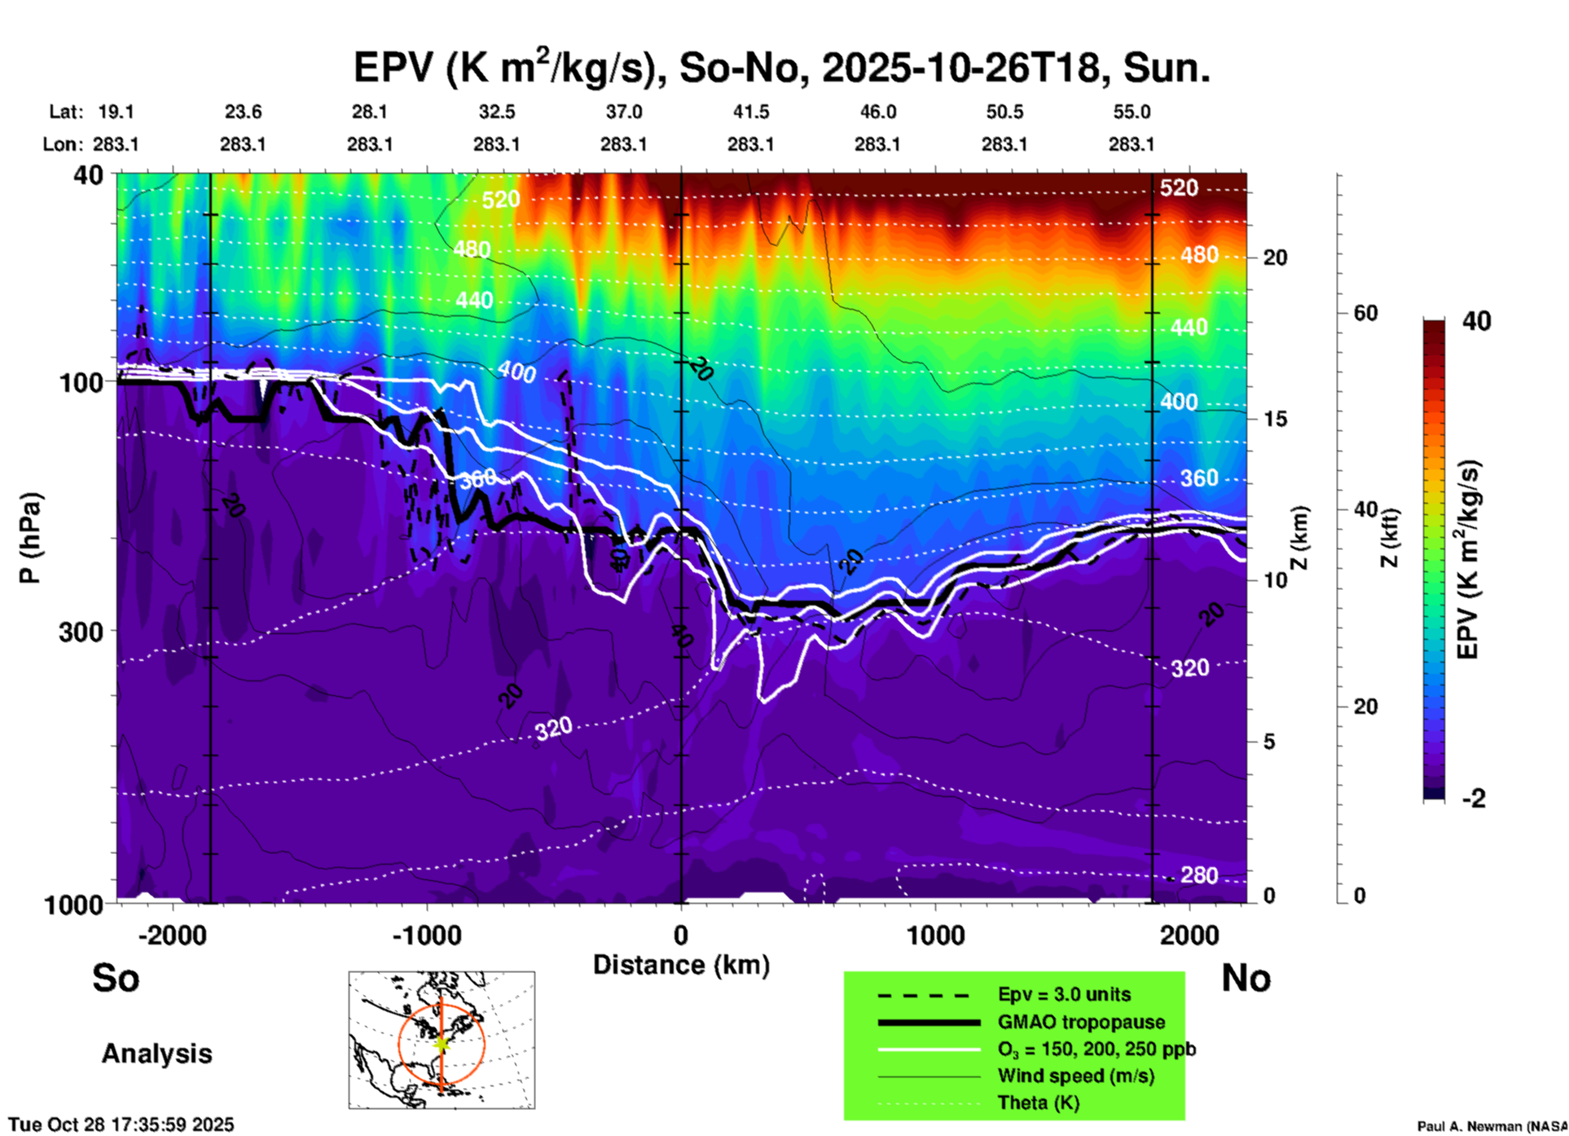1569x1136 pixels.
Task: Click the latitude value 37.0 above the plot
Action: pyautogui.click(x=623, y=112)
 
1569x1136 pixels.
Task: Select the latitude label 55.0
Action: pyautogui.click(x=1132, y=112)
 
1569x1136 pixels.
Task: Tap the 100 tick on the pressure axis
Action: pyautogui.click(x=81, y=381)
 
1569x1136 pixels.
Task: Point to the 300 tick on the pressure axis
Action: pyautogui.click(x=81, y=632)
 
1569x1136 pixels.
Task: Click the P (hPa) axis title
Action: pyautogui.click(x=30, y=538)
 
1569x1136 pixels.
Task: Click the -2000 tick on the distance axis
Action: pyautogui.click(x=172, y=936)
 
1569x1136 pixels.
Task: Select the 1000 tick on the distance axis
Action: pyautogui.click(x=934, y=936)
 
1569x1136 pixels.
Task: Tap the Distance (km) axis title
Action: pyautogui.click(x=681, y=965)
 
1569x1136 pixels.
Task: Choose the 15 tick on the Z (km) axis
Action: pyautogui.click(x=1275, y=419)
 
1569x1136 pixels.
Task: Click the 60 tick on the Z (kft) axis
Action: pyautogui.click(x=1365, y=313)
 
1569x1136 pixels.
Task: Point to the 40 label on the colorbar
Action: pyautogui.click(x=1476, y=321)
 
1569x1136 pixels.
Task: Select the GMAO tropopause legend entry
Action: pyautogui.click(x=1081, y=1022)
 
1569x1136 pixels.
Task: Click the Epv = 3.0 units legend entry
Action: pyautogui.click(x=1064, y=995)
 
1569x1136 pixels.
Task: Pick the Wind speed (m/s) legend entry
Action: pyautogui.click(x=1075, y=1076)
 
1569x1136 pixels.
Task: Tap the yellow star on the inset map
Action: pyautogui.click(x=442, y=1043)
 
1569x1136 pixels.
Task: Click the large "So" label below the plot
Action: pyautogui.click(x=116, y=978)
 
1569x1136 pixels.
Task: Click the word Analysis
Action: pyautogui.click(x=156, y=1054)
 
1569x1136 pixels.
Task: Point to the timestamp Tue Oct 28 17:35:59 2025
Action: pyautogui.click(x=121, y=1125)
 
